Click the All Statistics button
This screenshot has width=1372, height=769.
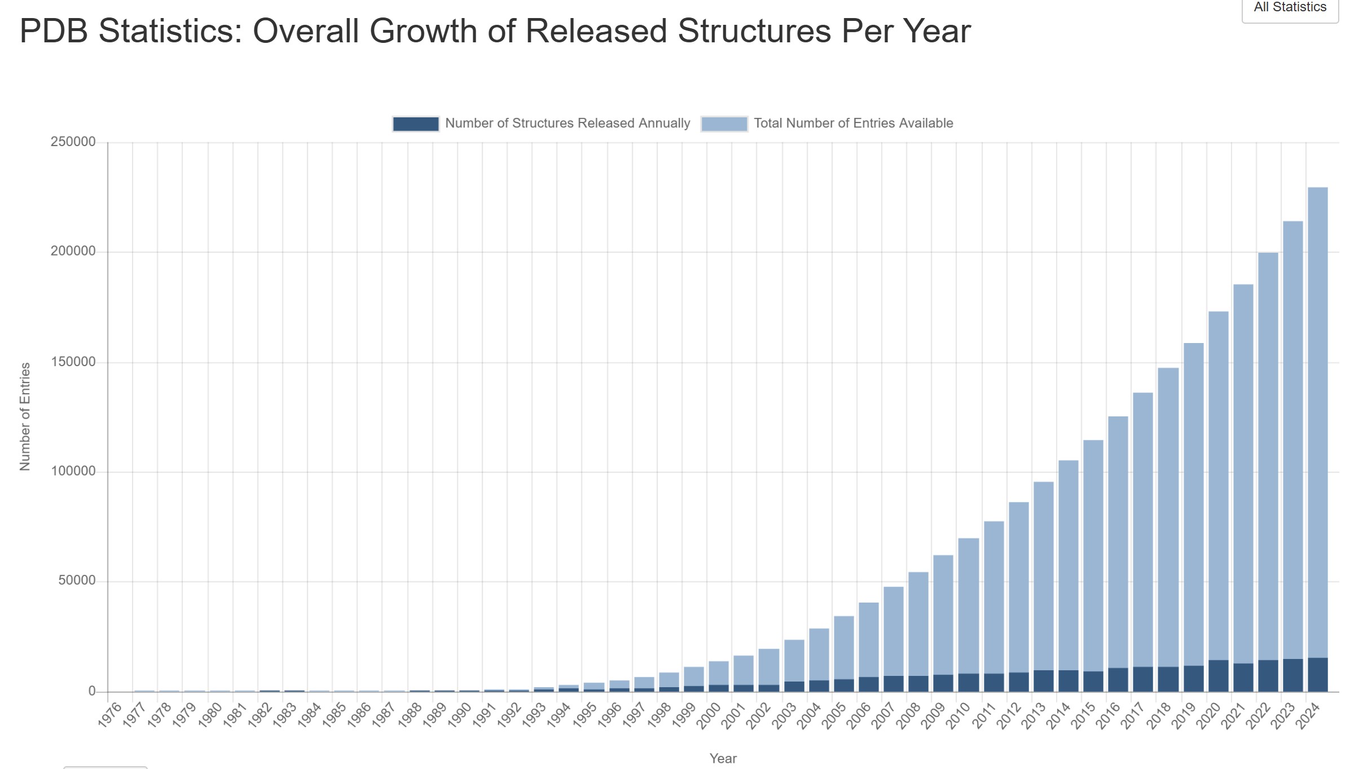click(1290, 8)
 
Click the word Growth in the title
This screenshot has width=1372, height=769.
click(424, 31)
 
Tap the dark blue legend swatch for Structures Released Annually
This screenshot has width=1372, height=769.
click(416, 124)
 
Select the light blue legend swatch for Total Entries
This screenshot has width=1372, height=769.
click(724, 124)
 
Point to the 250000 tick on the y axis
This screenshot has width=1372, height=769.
click(73, 142)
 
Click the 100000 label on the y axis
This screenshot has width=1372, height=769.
click(73, 472)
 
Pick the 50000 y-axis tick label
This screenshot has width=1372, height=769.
click(77, 581)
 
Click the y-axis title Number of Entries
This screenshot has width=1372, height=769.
click(25, 416)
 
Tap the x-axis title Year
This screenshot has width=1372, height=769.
click(723, 758)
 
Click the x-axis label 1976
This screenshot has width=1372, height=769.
click(110, 715)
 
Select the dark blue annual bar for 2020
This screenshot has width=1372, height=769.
click(1218, 675)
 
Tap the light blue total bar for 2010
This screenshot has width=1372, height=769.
click(969, 604)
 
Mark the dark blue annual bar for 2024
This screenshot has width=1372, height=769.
click(1317, 674)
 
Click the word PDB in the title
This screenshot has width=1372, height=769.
click(54, 31)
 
